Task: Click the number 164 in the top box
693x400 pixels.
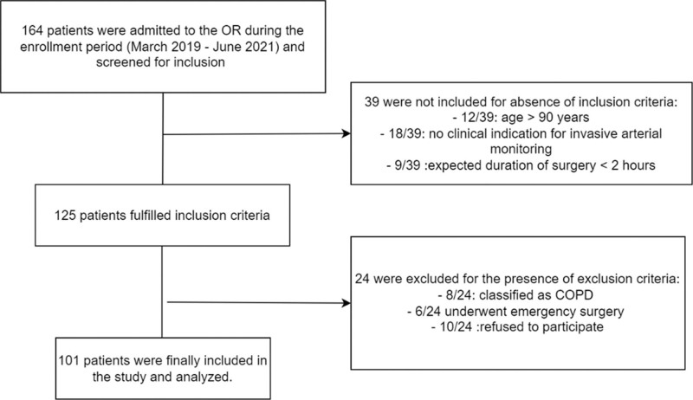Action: (x=33, y=30)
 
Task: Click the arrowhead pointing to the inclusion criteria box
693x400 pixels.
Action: (x=346, y=133)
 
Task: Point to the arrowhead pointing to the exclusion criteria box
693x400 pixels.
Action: (x=346, y=303)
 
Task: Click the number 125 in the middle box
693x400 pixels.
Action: (x=65, y=216)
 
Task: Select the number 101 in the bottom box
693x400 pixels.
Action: (x=69, y=361)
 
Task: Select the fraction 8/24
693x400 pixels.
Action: (x=461, y=295)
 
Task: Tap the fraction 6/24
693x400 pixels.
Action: (x=428, y=312)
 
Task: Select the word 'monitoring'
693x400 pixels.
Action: (x=521, y=149)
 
